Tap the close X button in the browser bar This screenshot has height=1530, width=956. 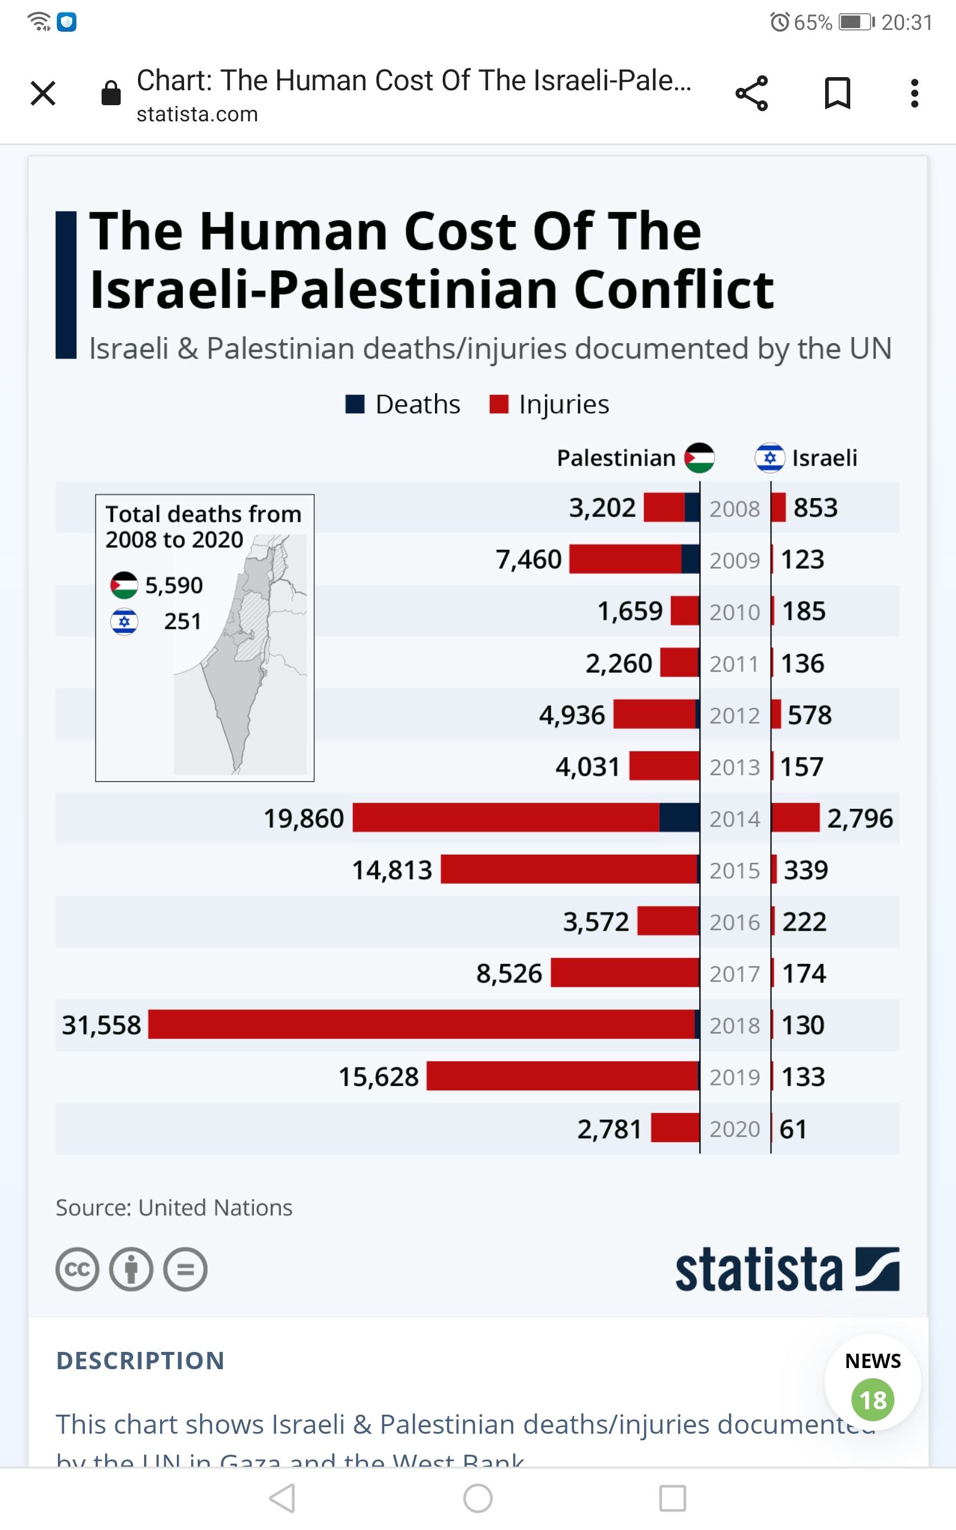(43, 94)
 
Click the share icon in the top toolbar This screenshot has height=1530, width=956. (751, 94)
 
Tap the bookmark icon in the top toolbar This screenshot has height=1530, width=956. (837, 94)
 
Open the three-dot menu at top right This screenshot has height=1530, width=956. (914, 94)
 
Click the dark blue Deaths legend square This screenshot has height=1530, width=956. (355, 404)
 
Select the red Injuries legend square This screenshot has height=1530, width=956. (499, 404)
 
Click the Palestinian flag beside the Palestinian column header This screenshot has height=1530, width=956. (699, 458)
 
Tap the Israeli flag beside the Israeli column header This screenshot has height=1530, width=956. (770, 458)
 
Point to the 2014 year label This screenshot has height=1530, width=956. (734, 819)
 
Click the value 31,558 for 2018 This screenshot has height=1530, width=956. (101, 1025)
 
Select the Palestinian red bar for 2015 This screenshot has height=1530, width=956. (569, 870)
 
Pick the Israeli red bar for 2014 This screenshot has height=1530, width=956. (795, 818)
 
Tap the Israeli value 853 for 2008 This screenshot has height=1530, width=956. (816, 507)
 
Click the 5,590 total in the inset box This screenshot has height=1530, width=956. (174, 586)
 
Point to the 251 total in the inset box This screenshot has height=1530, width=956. (183, 622)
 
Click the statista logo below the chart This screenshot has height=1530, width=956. (787, 1269)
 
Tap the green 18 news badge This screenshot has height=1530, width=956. (872, 1400)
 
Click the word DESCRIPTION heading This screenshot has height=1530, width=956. (140, 1360)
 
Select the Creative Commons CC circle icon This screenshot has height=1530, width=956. (77, 1269)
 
